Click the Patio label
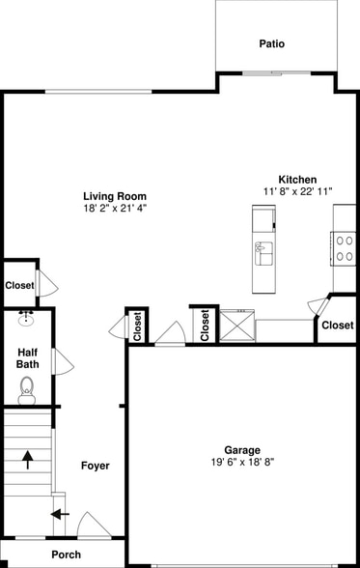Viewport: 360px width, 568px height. [272, 43]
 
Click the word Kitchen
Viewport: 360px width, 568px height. [297, 180]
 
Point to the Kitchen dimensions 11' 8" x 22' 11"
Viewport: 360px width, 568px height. [297, 191]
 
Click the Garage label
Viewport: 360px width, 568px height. [242, 450]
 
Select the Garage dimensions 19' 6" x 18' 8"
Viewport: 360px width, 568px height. [242, 463]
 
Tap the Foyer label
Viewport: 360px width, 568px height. [95, 466]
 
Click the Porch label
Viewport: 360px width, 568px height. [67, 554]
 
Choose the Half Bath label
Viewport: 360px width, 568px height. [28, 358]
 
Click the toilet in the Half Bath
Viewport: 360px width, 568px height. [27, 388]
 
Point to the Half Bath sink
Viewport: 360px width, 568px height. [27, 318]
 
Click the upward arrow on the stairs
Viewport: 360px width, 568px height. [27, 458]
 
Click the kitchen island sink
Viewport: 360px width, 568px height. [263, 253]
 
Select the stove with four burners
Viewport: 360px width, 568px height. [343, 248]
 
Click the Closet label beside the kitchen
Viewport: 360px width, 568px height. [337, 326]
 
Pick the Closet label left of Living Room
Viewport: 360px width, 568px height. [19, 285]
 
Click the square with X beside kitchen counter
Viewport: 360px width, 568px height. [236, 325]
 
